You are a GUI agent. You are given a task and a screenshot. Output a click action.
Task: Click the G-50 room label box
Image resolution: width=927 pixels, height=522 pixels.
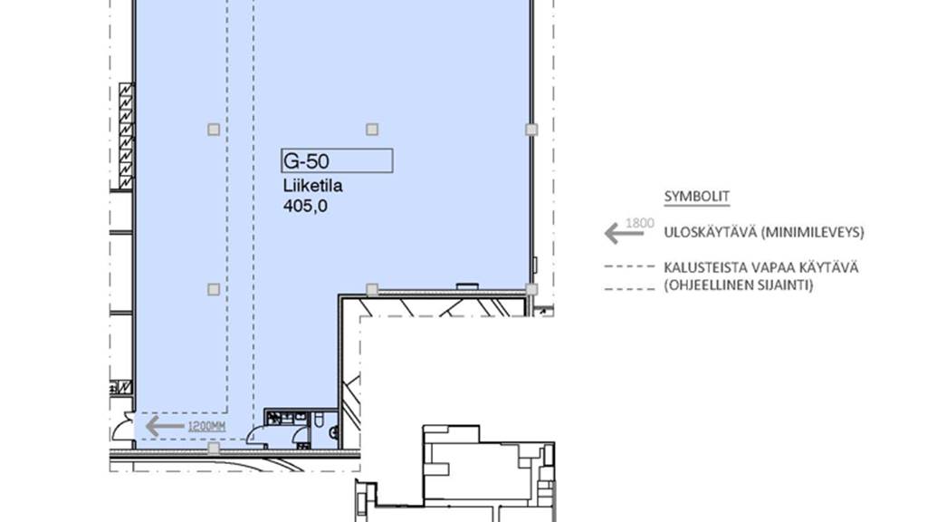[337, 160]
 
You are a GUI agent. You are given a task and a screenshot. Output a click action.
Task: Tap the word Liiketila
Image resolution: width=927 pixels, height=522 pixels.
[312, 186]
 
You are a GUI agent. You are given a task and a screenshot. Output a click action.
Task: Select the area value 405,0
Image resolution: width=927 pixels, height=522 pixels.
[305, 206]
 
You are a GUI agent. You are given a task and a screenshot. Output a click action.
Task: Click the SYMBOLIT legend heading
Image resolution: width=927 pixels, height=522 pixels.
[696, 197]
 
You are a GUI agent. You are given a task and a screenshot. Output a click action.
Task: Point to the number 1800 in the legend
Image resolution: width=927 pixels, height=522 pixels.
[640, 223]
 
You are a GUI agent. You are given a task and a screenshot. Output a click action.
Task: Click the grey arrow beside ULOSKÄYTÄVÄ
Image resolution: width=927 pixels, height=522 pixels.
[624, 233]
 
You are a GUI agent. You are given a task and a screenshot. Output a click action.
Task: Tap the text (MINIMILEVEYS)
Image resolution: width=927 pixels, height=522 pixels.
[812, 233]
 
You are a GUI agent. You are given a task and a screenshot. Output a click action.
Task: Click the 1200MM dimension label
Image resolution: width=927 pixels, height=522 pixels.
[206, 426]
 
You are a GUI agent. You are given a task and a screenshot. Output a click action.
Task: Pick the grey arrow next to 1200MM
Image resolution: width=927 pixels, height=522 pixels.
[165, 426]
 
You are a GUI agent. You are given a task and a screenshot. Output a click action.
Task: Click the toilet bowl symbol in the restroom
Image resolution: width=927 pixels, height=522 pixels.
[319, 420]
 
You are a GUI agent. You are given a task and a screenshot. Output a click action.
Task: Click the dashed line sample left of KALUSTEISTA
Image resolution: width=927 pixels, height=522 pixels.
[630, 267]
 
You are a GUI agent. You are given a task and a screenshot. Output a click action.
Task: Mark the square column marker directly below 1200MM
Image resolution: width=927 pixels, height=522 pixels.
[214, 449]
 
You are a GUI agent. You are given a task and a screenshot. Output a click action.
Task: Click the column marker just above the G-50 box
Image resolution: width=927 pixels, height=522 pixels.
[372, 129]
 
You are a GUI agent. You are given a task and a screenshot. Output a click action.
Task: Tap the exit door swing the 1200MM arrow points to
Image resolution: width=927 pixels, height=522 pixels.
[125, 428]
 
